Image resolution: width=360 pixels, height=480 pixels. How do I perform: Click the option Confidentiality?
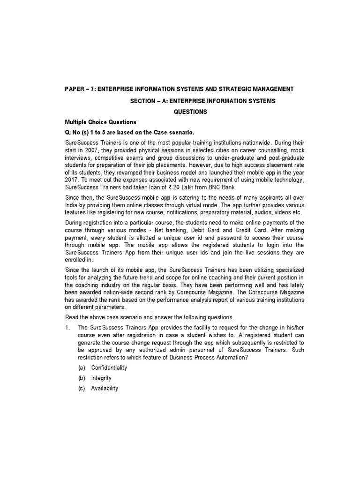109,368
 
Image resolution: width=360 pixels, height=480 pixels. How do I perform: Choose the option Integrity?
101,378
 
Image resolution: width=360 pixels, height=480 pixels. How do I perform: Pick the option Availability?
105,389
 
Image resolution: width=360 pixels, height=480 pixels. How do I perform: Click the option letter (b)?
82,378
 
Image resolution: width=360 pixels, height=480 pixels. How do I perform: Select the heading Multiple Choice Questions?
94,122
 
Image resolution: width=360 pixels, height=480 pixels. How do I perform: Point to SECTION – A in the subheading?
148,101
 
